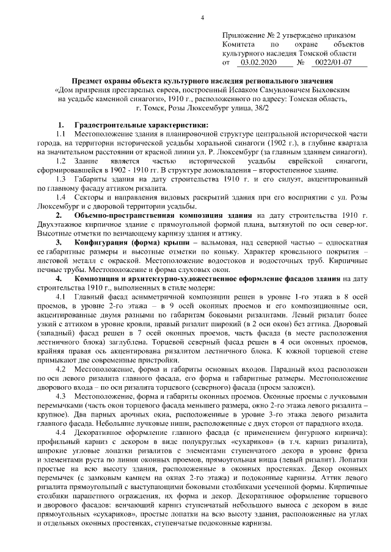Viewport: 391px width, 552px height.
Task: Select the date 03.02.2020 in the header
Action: [x=258, y=63]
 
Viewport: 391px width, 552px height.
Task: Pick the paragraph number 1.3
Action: [x=60, y=179]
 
